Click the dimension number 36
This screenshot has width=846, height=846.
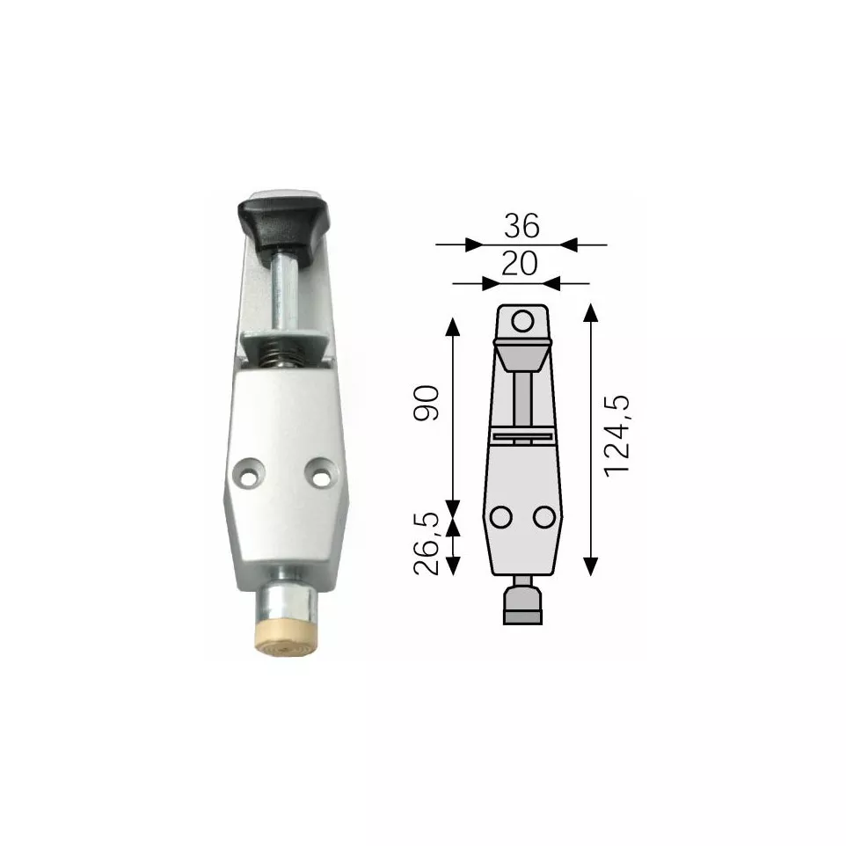521,228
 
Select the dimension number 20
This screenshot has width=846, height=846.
521,264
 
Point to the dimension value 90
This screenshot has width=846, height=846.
428,402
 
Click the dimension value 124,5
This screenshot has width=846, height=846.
619,435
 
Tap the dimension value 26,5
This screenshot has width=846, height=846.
428,545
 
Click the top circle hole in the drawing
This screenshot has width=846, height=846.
523,321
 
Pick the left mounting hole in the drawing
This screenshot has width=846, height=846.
501,517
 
